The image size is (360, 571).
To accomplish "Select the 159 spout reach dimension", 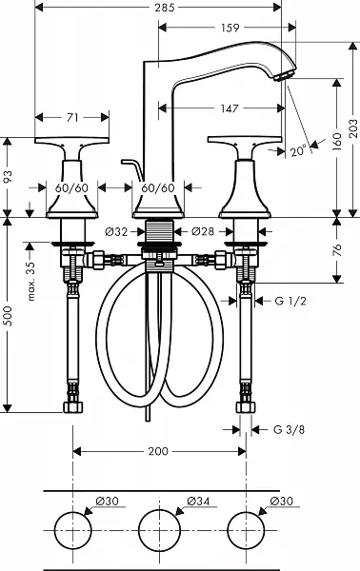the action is tap(230, 28).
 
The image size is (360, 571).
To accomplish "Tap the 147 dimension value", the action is tap(230, 108).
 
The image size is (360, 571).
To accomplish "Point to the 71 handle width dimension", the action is tap(72, 118).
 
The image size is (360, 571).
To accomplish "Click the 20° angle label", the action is tap(298, 151).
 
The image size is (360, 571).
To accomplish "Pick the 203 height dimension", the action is tap(353, 128).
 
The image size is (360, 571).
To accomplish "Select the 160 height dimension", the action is tap(337, 141).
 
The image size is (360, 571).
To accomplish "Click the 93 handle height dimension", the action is tap(8, 177).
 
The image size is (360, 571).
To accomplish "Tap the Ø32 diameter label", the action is tap(116, 231).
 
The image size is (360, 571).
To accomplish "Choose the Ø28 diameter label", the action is tap(203, 231).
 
